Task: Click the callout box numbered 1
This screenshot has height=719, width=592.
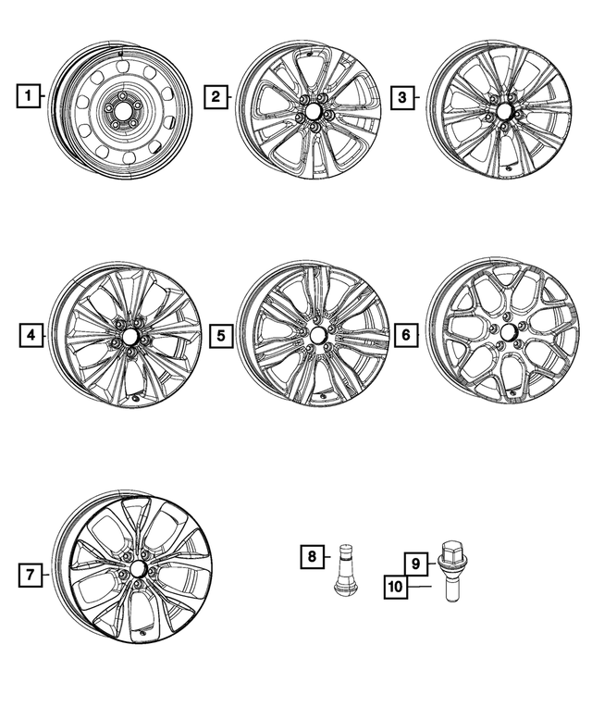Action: click(29, 95)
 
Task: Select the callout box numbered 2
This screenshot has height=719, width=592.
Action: click(215, 95)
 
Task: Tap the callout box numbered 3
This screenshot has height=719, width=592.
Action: click(401, 95)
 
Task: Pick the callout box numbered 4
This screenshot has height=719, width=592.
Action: click(31, 335)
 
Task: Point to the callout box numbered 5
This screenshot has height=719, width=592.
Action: click(219, 335)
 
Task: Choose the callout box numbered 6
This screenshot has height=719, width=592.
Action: click(404, 335)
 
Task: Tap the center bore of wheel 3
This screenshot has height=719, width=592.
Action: click(503, 109)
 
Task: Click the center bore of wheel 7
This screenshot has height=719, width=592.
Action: click(138, 569)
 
